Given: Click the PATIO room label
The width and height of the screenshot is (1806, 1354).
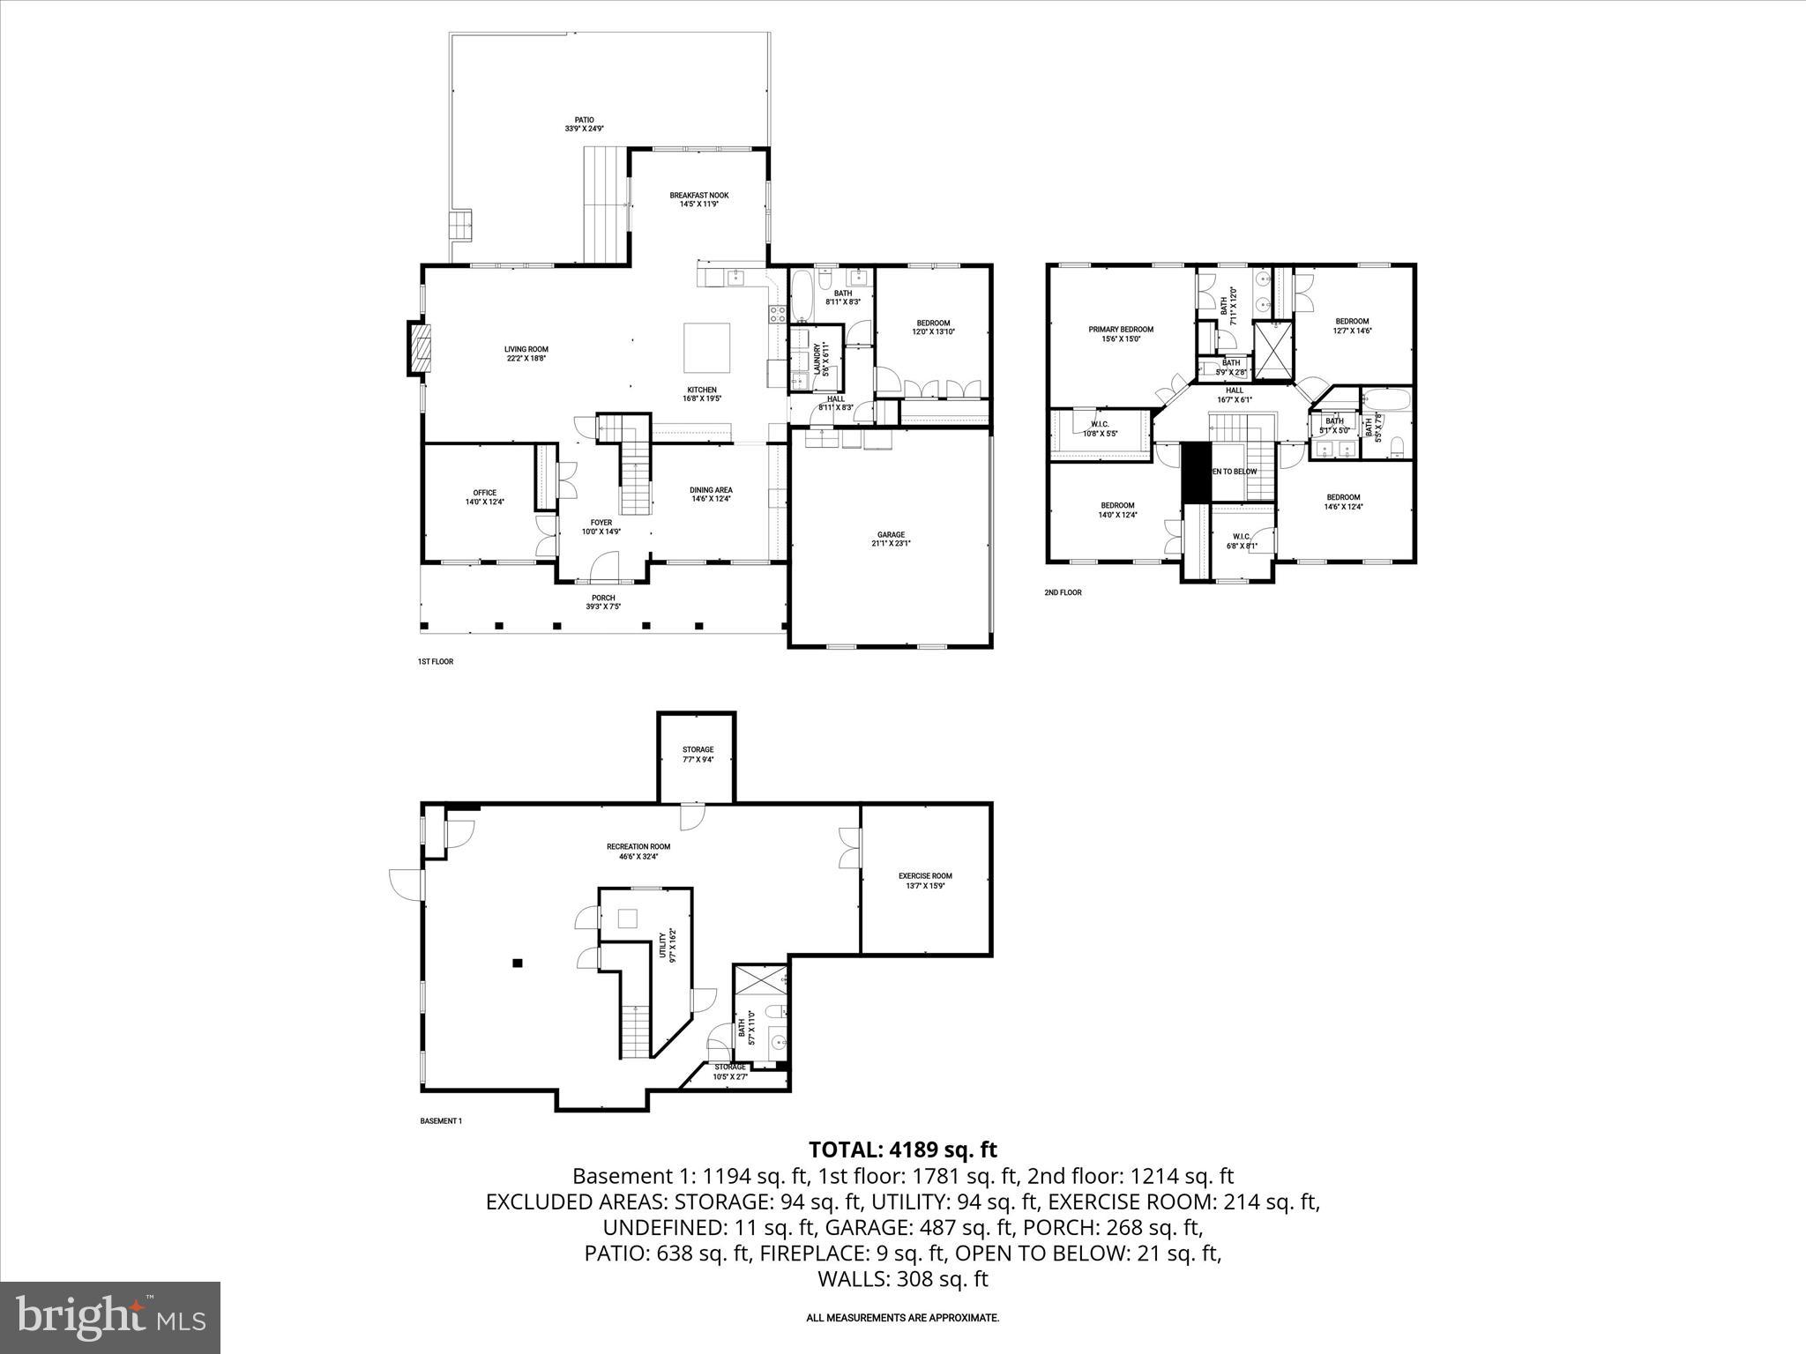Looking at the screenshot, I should [x=584, y=121].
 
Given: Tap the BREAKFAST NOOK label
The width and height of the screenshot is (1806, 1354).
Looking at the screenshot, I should [x=698, y=196].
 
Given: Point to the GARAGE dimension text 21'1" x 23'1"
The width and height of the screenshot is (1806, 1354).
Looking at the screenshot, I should [x=891, y=544].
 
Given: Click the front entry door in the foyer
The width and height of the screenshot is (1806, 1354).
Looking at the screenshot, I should [x=605, y=569].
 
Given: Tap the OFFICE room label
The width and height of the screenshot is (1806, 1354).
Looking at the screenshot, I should [x=484, y=493].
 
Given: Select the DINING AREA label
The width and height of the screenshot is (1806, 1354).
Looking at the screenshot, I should [x=711, y=490].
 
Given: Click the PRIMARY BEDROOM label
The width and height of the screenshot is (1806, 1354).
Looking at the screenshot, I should [x=1120, y=330].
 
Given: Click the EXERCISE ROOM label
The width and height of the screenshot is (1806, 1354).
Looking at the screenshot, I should [x=925, y=876].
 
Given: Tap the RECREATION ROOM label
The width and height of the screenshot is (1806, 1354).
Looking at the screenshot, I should [x=638, y=847].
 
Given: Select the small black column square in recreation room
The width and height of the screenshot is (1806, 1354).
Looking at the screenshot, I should [x=519, y=963].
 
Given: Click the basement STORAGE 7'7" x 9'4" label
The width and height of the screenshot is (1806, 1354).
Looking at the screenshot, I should [x=698, y=750].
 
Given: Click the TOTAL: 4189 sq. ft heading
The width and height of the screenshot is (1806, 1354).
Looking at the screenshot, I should [x=902, y=1149].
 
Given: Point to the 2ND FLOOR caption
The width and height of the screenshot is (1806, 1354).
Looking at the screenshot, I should [x=1063, y=592].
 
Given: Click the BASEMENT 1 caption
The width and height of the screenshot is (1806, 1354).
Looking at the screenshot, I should [x=440, y=1121].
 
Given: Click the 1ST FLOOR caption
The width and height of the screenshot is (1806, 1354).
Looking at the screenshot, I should [x=435, y=661].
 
